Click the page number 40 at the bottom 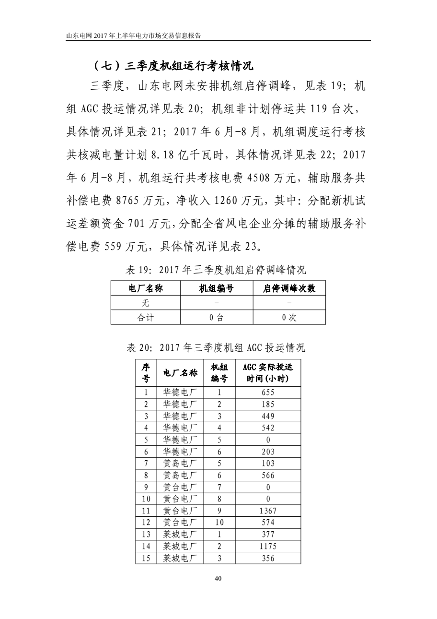pyautogui.click(x=218, y=579)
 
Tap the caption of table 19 pyautogui.click(x=216, y=270)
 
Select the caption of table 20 pyautogui.click(x=216, y=347)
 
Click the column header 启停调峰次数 pyautogui.click(x=289, y=289)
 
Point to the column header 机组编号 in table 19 pyautogui.click(x=216, y=289)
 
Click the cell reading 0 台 pyautogui.click(x=216, y=318)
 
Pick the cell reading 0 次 pyautogui.click(x=289, y=318)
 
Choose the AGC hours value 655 pyautogui.click(x=268, y=392)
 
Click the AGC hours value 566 pyautogui.click(x=268, y=476)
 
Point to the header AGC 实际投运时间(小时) pyautogui.click(x=268, y=373)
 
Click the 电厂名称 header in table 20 pyautogui.click(x=180, y=373)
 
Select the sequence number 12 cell pyautogui.click(x=146, y=523)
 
